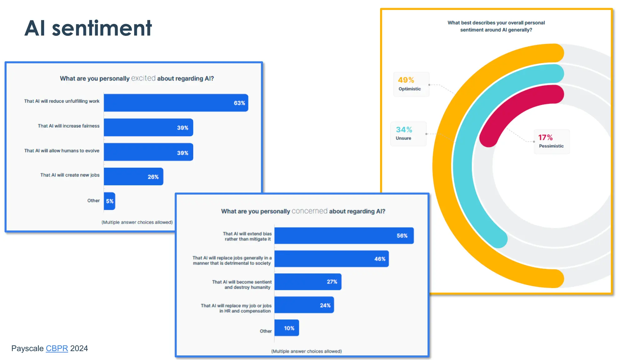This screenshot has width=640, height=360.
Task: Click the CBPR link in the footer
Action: (x=57, y=348)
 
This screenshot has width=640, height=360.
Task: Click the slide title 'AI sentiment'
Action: (x=88, y=28)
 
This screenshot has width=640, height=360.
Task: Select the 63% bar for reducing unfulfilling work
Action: (x=176, y=103)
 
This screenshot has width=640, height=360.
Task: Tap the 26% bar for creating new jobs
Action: (x=133, y=177)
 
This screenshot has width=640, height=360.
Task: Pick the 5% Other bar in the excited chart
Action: (x=109, y=201)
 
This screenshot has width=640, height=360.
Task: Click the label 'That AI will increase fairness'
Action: (x=68, y=126)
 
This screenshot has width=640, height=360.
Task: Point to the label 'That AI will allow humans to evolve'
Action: (x=62, y=151)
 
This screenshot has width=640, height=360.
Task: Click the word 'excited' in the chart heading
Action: (x=143, y=78)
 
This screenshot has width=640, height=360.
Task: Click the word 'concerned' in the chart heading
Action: (x=309, y=211)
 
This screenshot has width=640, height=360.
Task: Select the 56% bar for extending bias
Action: (x=344, y=236)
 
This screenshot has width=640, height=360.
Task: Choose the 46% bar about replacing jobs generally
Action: (x=331, y=259)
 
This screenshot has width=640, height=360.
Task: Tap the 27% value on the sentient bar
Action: (x=332, y=282)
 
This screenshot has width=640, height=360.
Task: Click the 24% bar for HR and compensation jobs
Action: (x=304, y=305)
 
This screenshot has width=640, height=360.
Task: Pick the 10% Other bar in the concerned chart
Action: (x=287, y=328)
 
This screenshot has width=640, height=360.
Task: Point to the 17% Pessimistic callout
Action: (x=551, y=142)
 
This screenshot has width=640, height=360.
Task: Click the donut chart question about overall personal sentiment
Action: (x=496, y=26)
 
